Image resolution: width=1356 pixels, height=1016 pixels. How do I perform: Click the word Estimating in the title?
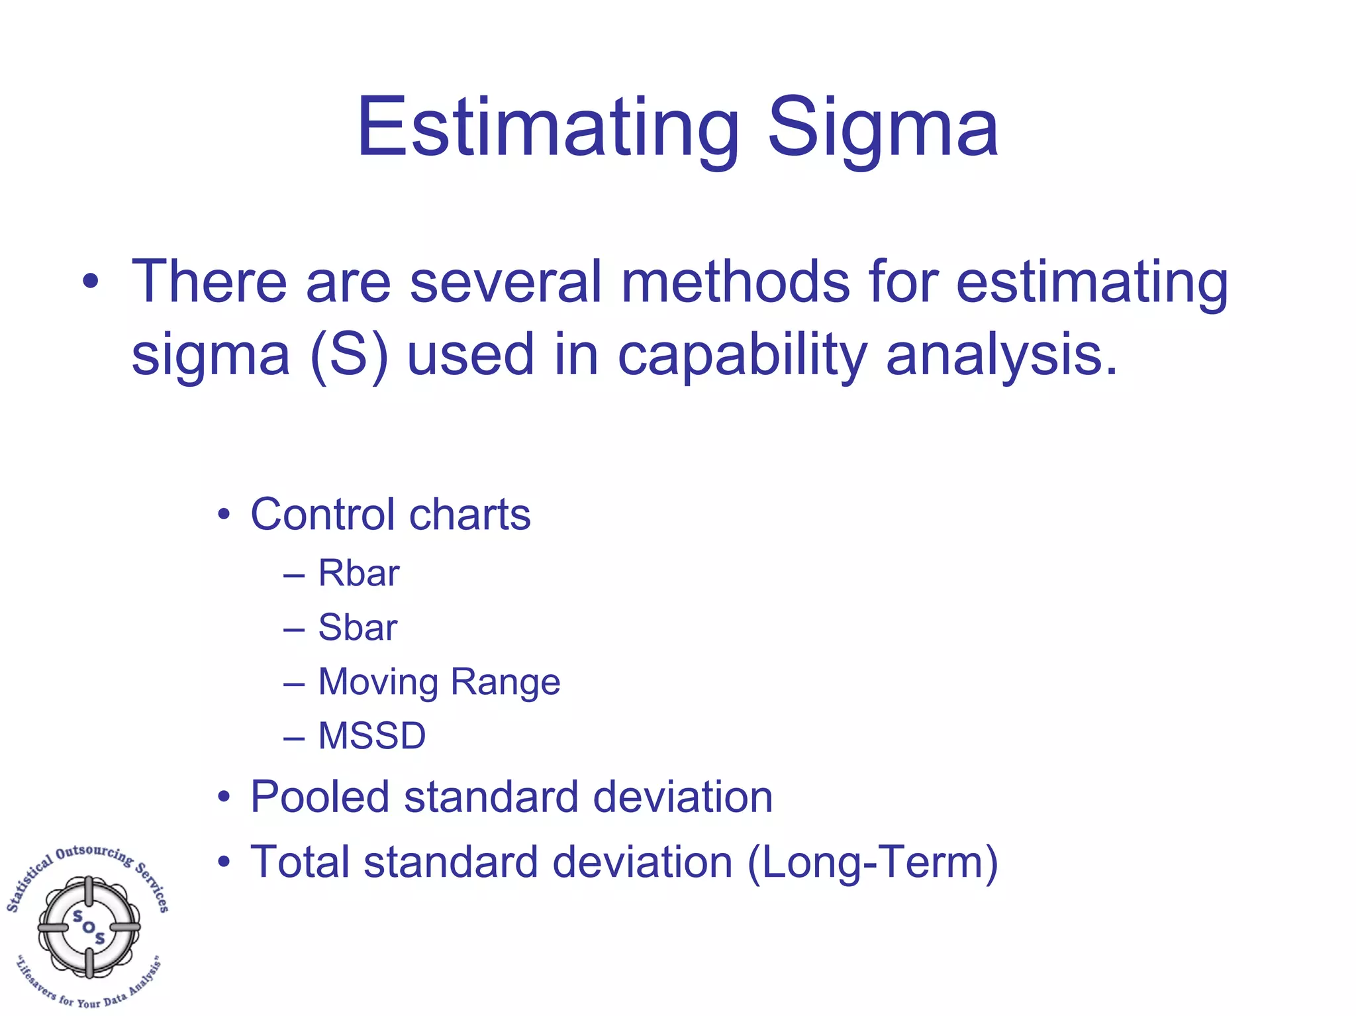click(547, 127)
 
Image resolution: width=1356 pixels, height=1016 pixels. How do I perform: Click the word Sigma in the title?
click(882, 127)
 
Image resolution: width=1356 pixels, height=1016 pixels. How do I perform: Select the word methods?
click(735, 282)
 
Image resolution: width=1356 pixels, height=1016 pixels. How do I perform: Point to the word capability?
click(742, 355)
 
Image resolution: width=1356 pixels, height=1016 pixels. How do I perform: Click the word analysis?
click(1000, 355)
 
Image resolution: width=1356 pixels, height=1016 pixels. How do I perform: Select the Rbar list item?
click(358, 573)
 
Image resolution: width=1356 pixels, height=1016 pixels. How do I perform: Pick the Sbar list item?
click(358, 627)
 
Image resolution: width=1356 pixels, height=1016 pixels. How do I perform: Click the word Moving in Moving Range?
click(378, 682)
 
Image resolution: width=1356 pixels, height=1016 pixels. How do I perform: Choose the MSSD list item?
click(371, 736)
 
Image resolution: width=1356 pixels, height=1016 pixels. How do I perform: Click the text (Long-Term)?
click(873, 862)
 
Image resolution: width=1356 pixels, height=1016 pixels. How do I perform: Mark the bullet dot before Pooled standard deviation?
click(224, 797)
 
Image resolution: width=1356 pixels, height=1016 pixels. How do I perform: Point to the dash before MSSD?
click(293, 737)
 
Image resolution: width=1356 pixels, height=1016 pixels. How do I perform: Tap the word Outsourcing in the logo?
click(94, 853)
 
